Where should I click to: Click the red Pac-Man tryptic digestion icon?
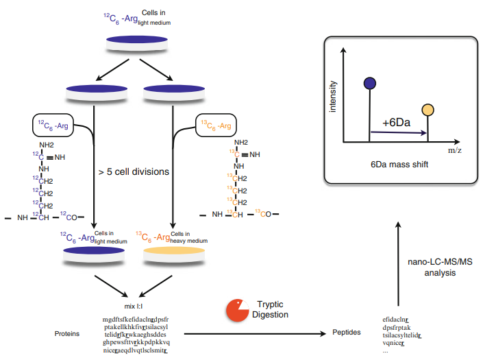click(x=237, y=311)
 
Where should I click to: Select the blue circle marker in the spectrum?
click(x=370, y=83)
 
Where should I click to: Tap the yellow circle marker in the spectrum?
click(x=428, y=110)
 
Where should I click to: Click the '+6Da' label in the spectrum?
click(x=396, y=122)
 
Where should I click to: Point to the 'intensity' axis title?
click(x=334, y=97)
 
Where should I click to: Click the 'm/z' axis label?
click(x=453, y=149)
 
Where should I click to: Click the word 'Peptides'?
click(x=347, y=333)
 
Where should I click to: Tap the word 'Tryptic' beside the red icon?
click(x=270, y=304)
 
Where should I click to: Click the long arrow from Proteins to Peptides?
click(x=253, y=334)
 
